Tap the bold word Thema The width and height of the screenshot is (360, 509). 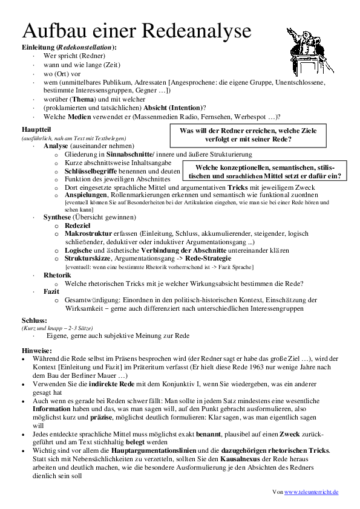(x=83, y=99)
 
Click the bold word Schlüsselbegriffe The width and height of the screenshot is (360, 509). (x=91, y=171)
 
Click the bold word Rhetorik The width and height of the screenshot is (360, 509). (x=57, y=275)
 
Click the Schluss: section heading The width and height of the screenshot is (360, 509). (x=34, y=320)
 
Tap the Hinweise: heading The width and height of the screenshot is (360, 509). (x=37, y=350)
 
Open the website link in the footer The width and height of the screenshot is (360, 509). (x=312, y=492)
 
